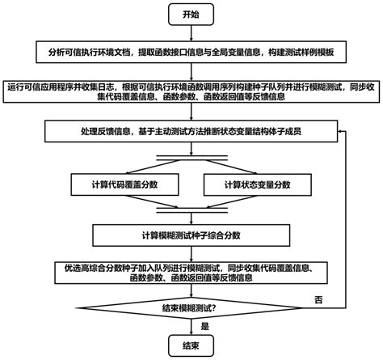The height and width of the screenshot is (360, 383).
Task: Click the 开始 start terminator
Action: pos(191,14)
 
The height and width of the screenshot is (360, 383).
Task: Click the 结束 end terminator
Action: pos(191,345)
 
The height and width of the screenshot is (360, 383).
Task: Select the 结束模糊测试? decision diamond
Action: pos(191,306)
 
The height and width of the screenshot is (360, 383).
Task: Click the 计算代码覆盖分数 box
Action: pos(123,185)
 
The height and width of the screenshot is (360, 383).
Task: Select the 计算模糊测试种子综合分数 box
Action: pos(191,235)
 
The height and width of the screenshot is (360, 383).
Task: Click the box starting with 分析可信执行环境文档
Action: pos(191,51)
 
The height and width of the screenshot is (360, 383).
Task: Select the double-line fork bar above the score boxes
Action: pos(191,156)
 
